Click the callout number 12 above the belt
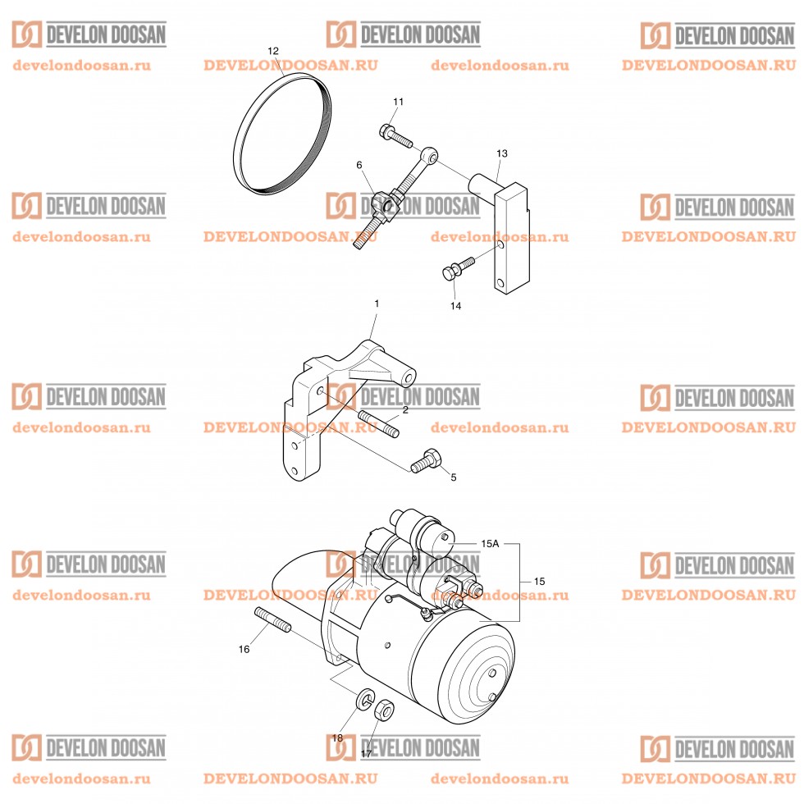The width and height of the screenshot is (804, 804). (272, 51)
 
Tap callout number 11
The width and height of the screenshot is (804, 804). (399, 102)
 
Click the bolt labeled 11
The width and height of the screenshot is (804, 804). (395, 135)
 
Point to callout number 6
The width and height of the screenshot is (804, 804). (359, 165)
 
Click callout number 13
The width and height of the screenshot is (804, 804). (501, 153)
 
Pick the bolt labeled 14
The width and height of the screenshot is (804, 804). (458, 268)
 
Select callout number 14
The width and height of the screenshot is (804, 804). (455, 305)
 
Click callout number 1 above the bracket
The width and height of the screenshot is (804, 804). (377, 304)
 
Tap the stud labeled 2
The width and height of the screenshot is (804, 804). (378, 423)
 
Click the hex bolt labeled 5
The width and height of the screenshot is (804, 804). (426, 460)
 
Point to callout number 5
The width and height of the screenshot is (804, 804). (453, 477)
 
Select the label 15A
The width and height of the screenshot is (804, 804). (490, 543)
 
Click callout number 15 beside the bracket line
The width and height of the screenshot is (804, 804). (539, 581)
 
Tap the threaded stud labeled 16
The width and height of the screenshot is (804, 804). (272, 619)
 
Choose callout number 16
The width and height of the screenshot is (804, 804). (244, 649)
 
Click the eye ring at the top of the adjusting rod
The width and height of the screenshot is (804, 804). (430, 155)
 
